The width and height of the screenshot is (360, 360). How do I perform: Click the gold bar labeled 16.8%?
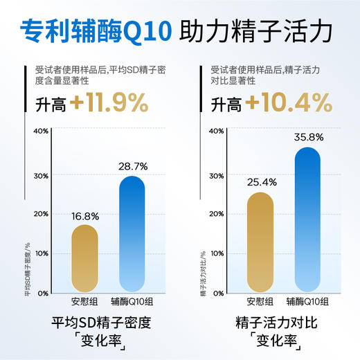click(x=92, y=257)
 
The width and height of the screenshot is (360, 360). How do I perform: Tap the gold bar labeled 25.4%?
click(x=260, y=242)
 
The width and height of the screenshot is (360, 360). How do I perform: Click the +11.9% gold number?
click(x=109, y=104)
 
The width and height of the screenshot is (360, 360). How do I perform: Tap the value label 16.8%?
click(x=92, y=215)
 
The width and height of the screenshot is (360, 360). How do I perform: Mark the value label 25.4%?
click(x=260, y=182)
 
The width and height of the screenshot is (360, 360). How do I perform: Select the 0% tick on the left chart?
click(x=42, y=294)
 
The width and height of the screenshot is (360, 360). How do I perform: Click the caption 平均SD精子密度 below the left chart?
click(x=101, y=323)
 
